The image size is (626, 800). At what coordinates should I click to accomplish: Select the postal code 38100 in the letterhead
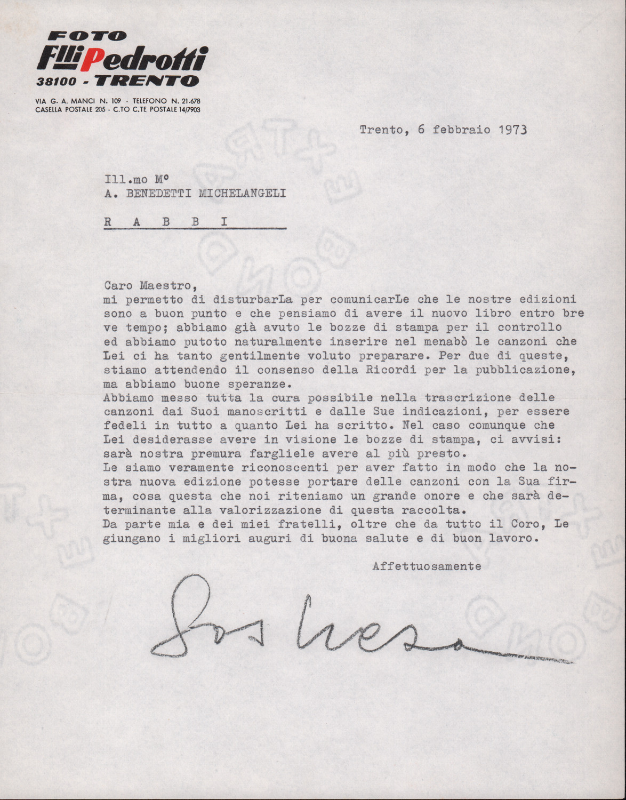pos(57,82)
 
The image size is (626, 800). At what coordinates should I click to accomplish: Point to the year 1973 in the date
pos(512,130)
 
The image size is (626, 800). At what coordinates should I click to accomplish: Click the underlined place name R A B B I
pos(166,222)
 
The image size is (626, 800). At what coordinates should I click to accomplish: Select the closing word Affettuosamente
pos(427,566)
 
